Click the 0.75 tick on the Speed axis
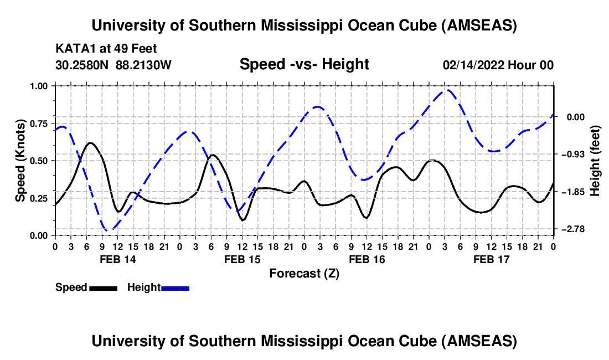point(39,123)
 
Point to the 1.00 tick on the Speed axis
point(39,86)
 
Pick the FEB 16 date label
point(367,259)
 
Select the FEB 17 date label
point(491,259)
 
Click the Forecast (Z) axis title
point(304,273)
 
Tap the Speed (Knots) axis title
point(20,161)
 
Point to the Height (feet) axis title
point(595,160)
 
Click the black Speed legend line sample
point(102,287)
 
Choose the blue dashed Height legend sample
point(175,287)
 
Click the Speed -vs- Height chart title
point(304,65)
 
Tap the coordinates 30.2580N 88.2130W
point(113,65)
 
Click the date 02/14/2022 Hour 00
point(498,65)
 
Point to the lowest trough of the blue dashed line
point(109,229)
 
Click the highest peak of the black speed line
point(91,143)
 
